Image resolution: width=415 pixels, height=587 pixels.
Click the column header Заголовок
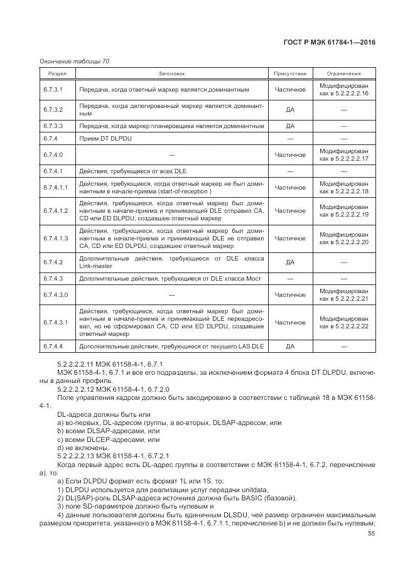pos(171,73)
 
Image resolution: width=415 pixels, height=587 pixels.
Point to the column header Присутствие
pos(290,73)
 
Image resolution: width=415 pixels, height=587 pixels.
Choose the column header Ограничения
pos(343,73)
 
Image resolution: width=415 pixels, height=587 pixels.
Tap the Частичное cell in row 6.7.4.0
pos(290,154)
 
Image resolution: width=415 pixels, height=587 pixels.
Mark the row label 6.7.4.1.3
pos(56,239)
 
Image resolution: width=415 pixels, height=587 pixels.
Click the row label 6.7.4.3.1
pos(56,323)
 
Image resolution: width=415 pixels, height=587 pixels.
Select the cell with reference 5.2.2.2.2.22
pos(344,326)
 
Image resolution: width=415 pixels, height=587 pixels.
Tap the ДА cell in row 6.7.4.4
pos(290,346)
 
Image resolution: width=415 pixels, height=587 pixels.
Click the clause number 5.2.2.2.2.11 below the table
pos(77,365)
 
